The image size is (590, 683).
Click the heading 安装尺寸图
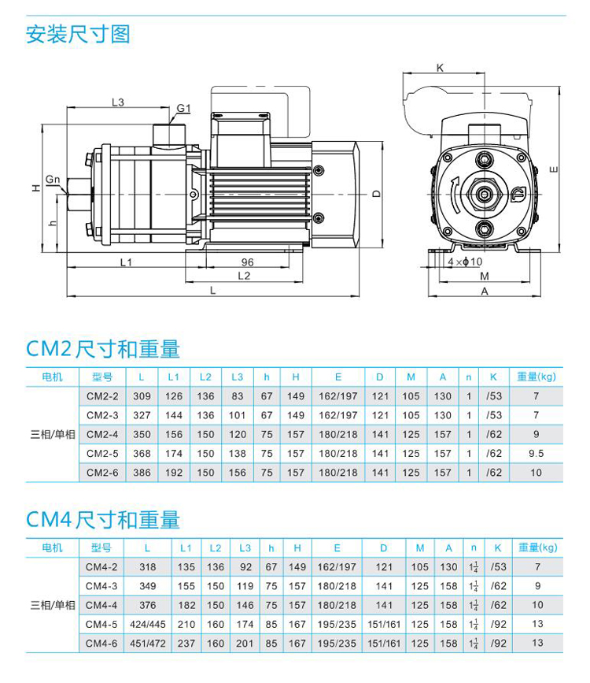pos(78,35)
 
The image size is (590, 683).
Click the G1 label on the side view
pos(184,108)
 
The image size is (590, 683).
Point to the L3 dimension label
pos(118,102)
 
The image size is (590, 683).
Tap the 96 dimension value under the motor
pos(247,263)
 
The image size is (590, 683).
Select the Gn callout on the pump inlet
pos(53,180)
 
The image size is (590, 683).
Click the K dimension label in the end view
pos(440,68)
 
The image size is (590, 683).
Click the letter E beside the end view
pos(555,169)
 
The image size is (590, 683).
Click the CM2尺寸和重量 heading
pos(103,349)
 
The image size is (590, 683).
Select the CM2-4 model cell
pos(103,434)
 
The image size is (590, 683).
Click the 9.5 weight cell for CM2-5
pos(537,454)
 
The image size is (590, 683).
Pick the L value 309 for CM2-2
pos(142,396)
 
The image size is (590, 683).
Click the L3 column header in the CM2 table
pos(238,377)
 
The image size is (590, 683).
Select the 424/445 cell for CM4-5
pos(146,624)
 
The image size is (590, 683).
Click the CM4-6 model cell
pos(101,643)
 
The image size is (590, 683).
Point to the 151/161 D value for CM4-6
pos(384,643)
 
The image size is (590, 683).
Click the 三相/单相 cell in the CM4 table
pos(53,605)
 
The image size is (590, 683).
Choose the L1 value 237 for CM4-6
pos(186,643)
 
